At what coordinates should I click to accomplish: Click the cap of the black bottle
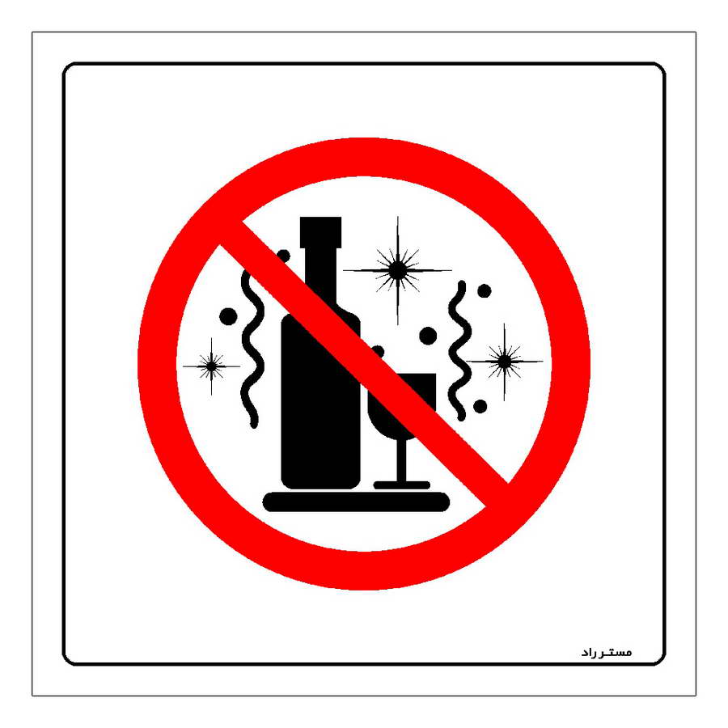(320, 232)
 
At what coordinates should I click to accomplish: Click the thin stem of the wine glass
(402, 460)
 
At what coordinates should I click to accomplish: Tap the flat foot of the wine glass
(402, 485)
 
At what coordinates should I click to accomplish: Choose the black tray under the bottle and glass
(356, 502)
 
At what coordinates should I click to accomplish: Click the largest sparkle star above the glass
(397, 270)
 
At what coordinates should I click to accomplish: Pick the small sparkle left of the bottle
(212, 366)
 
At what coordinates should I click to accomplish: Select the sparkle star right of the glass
(504, 362)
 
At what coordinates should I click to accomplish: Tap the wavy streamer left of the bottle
(252, 348)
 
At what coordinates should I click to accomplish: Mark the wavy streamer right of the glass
(459, 351)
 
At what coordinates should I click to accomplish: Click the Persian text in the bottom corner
(607, 652)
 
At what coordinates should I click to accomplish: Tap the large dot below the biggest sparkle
(428, 336)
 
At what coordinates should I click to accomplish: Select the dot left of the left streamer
(228, 316)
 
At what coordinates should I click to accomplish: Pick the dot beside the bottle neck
(283, 256)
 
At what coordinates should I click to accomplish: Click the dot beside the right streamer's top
(485, 291)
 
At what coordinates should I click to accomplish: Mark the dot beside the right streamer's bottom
(480, 407)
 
